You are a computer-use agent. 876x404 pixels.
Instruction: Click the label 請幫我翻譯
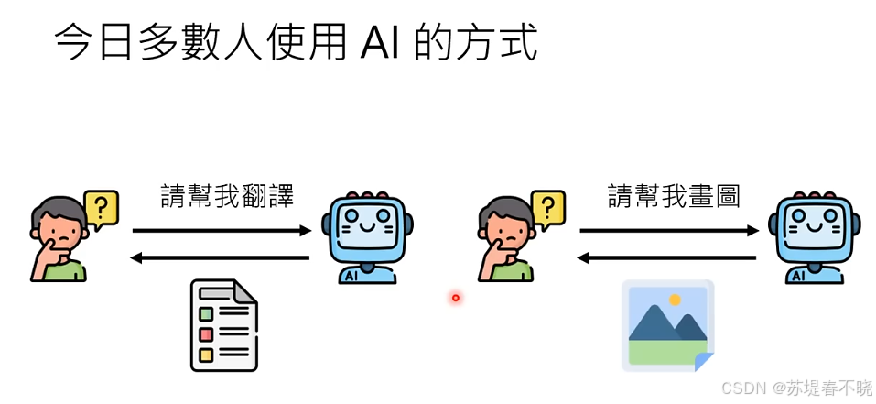coord(227,196)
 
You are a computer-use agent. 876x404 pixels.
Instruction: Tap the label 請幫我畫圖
coord(674,196)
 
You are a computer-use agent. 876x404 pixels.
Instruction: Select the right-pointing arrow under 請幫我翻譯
coord(222,231)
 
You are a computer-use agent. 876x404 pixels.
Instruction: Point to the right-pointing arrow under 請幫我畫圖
coord(669,231)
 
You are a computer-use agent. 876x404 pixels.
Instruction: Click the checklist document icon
coord(223,325)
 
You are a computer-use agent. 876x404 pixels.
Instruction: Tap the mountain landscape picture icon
coord(667,325)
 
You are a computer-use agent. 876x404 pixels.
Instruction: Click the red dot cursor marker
coord(455,297)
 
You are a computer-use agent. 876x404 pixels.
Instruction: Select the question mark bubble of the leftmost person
coord(101,207)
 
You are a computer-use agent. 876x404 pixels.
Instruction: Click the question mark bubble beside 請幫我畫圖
coord(548,207)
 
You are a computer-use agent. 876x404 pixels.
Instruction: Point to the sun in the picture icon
coord(675,300)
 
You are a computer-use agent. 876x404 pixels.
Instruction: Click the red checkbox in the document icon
coord(206,334)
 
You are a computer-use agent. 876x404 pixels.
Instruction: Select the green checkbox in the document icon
coord(206,315)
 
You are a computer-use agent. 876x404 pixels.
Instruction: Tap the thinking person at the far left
coord(58,243)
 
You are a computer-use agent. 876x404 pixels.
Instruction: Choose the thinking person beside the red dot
coord(505,243)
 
